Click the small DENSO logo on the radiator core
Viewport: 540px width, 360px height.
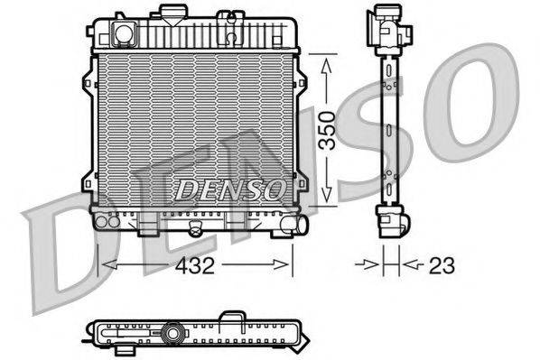(229, 189)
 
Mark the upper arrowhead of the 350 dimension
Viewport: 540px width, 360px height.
(326, 60)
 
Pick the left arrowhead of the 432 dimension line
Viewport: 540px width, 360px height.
(106, 265)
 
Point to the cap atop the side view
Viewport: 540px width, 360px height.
(386, 18)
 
